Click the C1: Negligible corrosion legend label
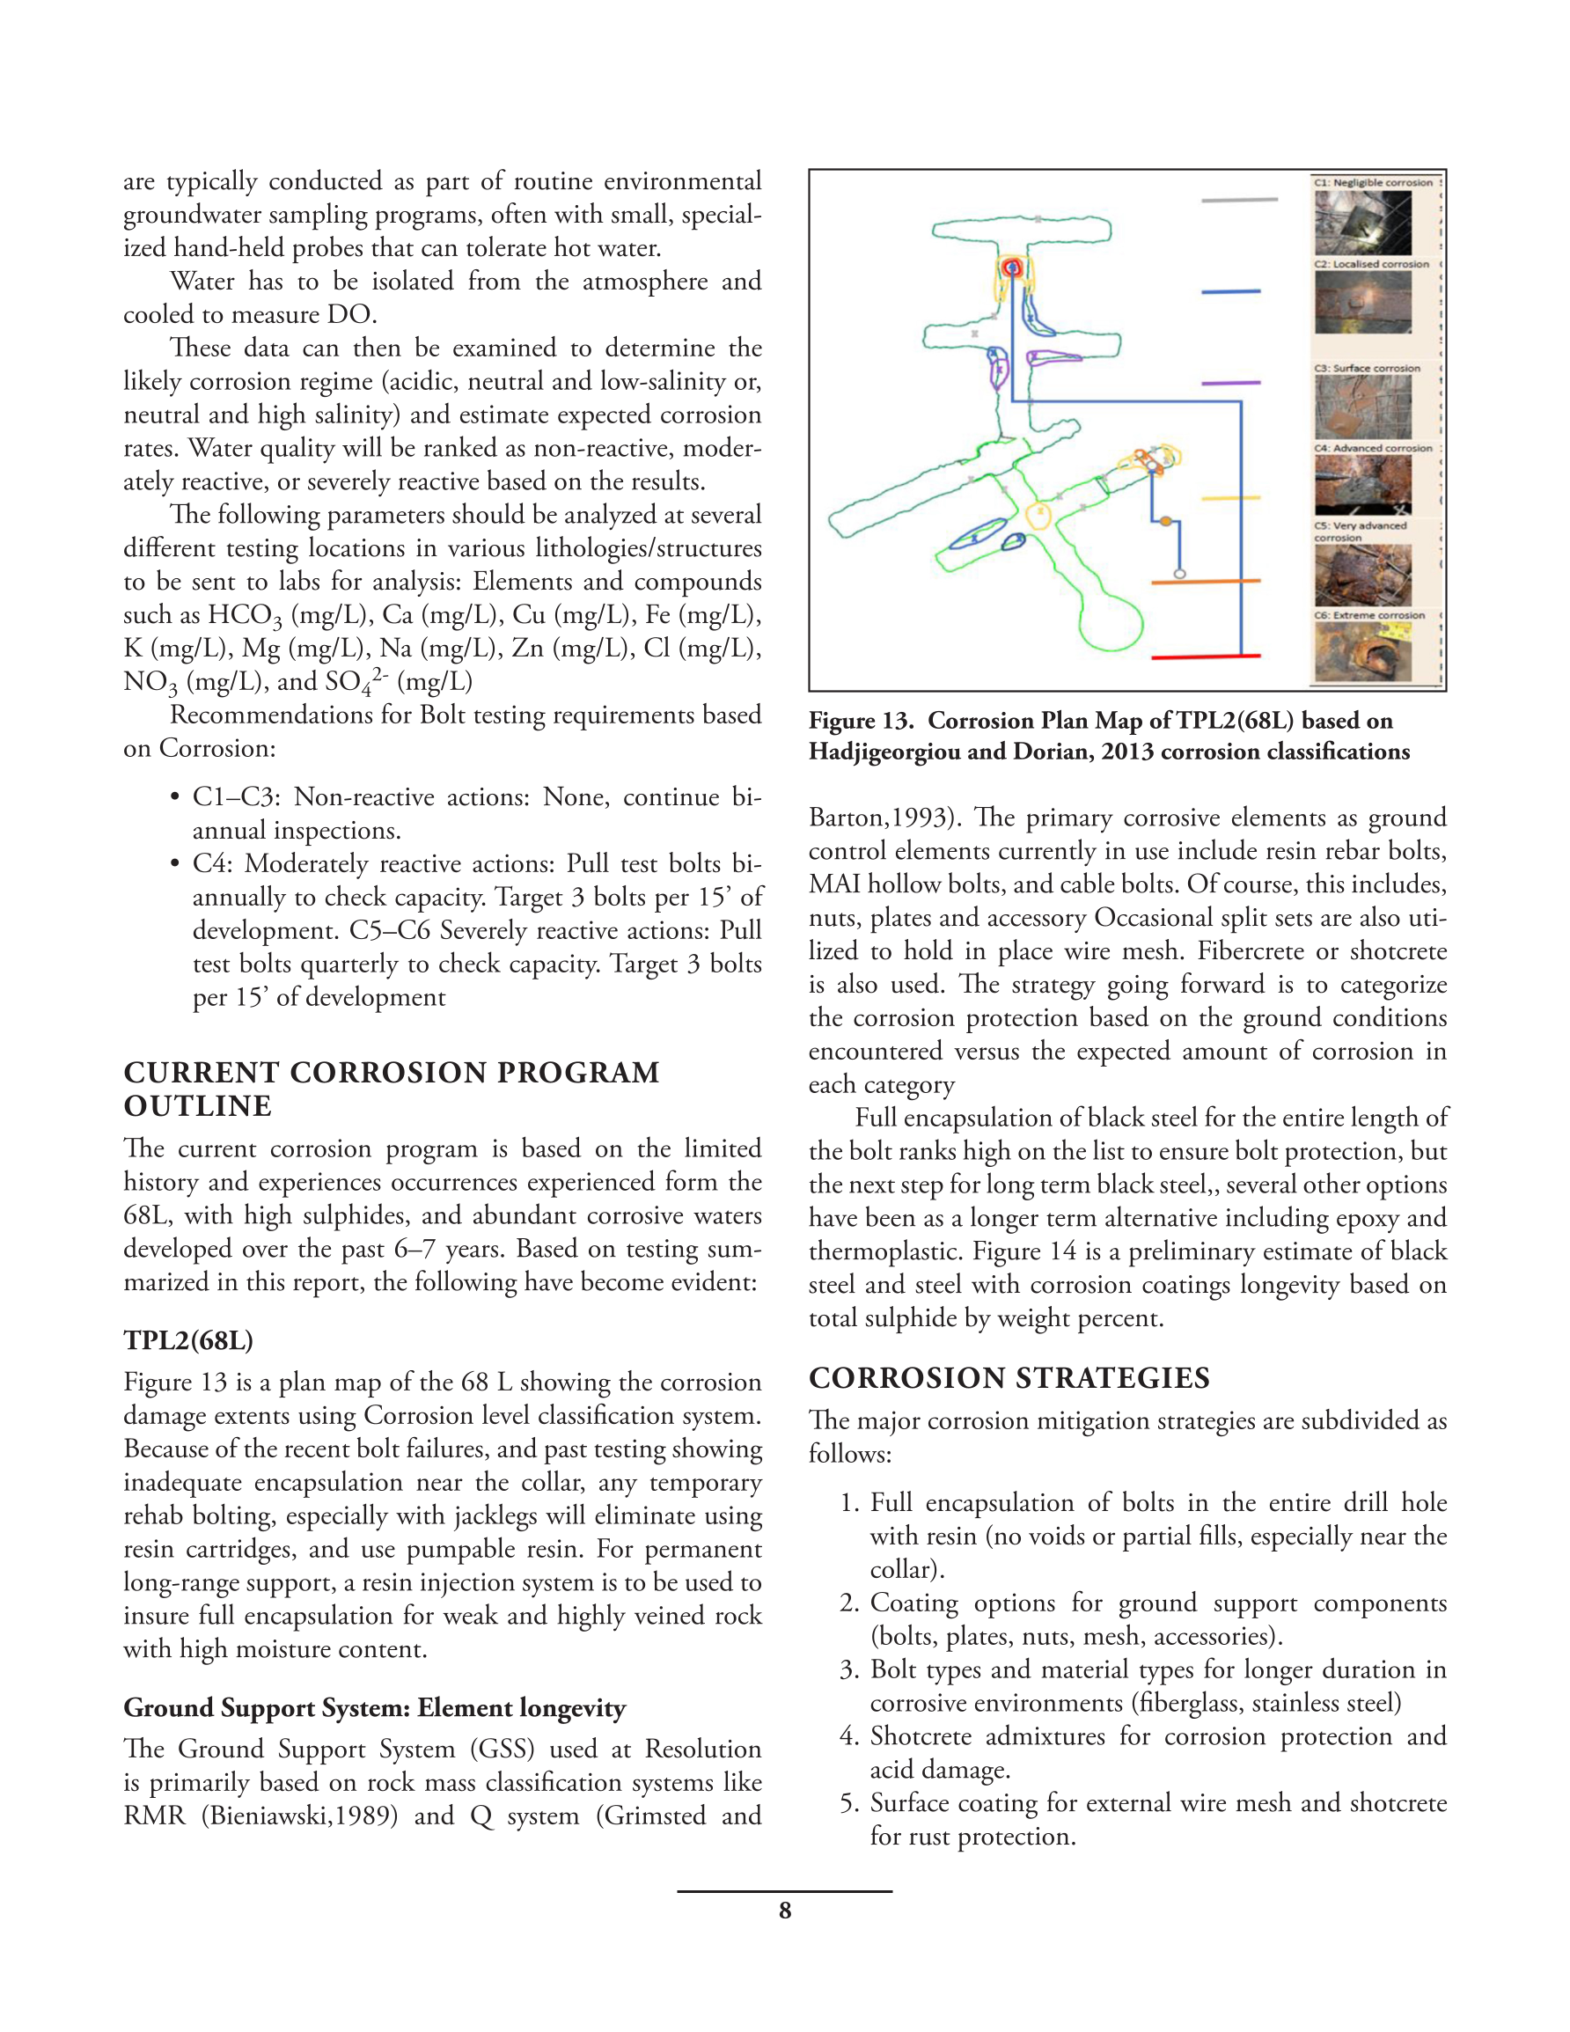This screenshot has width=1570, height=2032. [x=1373, y=182]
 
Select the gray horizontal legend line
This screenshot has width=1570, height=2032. [x=1239, y=199]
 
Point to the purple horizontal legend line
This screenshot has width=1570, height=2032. [x=1230, y=383]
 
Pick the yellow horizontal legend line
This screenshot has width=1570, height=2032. [x=1230, y=499]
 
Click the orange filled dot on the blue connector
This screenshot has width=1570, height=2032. [x=1165, y=522]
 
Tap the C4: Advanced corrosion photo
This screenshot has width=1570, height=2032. [x=1362, y=484]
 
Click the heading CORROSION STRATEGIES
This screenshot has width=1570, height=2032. [x=1009, y=1378]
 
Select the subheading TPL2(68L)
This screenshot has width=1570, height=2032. [x=188, y=1339]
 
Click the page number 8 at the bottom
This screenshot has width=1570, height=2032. [x=784, y=1911]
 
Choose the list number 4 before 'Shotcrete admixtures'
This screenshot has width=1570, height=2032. [x=847, y=1736]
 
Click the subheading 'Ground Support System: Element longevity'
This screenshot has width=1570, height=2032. [x=374, y=1707]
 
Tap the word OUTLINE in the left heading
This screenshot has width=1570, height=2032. [x=197, y=1106]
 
